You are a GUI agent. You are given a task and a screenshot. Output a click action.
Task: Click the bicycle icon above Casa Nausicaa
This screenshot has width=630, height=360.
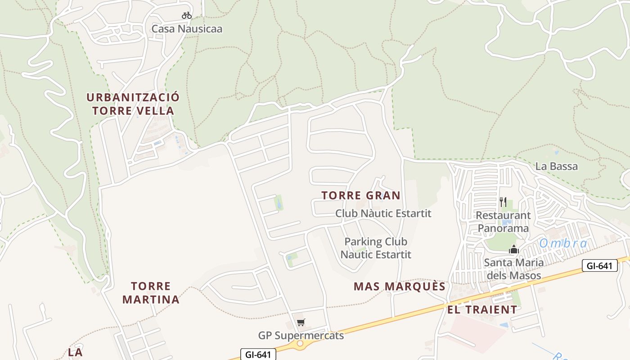186,15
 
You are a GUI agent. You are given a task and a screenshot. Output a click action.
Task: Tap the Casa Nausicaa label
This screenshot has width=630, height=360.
187,29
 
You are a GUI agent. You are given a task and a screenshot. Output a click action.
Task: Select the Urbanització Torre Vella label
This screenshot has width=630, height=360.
133,104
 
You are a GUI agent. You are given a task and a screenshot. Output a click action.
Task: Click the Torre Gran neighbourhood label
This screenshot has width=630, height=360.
361,195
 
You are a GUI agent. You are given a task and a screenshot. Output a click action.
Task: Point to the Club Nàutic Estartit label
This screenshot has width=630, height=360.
383,213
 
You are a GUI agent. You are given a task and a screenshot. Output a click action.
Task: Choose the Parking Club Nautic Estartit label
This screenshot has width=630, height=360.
376,248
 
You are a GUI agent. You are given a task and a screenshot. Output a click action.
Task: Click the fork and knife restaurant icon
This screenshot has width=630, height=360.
503,202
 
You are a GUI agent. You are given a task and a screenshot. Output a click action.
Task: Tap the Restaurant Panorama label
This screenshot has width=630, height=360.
503,222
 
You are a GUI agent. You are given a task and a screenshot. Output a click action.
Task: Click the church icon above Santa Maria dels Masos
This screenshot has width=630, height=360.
514,249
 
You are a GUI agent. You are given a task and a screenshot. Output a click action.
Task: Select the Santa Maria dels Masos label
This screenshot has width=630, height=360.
513,269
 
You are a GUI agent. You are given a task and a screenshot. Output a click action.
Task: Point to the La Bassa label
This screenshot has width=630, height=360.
556,166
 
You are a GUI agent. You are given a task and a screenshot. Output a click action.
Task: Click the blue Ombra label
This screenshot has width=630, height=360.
563,243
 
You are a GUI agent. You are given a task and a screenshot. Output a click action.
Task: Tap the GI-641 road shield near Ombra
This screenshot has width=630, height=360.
599,265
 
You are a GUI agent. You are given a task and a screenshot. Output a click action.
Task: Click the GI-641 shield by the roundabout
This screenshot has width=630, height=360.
258,355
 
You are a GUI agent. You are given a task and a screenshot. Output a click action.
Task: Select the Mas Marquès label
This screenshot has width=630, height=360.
400,287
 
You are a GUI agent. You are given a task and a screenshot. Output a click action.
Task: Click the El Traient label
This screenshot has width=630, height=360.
482,310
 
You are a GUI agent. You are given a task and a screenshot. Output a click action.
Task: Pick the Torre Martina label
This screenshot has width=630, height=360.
151,292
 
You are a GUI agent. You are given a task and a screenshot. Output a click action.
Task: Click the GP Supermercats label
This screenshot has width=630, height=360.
301,336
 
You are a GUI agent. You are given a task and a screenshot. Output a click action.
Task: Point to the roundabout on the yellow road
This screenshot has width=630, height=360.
300,344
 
